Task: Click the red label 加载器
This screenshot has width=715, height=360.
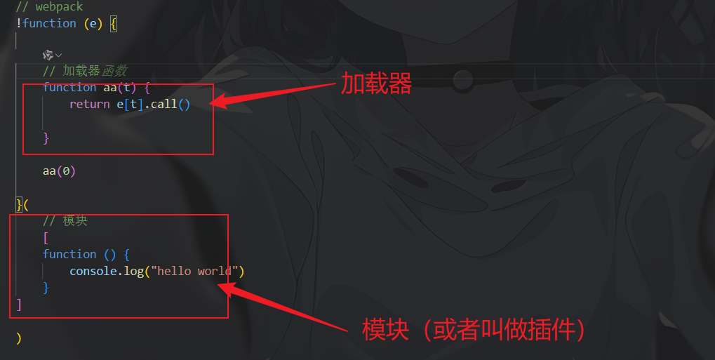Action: pyautogui.click(x=375, y=84)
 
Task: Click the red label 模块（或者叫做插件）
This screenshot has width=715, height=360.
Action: pyautogui.click(x=474, y=329)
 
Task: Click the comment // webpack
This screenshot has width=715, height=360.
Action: pyautogui.click(x=49, y=7)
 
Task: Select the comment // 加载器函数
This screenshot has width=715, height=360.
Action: pyautogui.click(x=84, y=71)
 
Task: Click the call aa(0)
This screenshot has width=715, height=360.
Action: pyautogui.click(x=59, y=171)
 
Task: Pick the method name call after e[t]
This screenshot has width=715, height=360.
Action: pyautogui.click(x=163, y=105)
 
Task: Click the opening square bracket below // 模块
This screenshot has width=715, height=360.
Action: pyautogui.click(x=46, y=238)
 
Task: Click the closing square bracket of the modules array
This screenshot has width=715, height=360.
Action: pyautogui.click(x=19, y=305)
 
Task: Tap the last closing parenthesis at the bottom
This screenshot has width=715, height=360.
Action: pyautogui.click(x=19, y=338)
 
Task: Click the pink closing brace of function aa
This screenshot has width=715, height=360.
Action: pyautogui.click(x=46, y=138)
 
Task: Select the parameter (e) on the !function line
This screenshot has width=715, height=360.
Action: pyautogui.click(x=93, y=24)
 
